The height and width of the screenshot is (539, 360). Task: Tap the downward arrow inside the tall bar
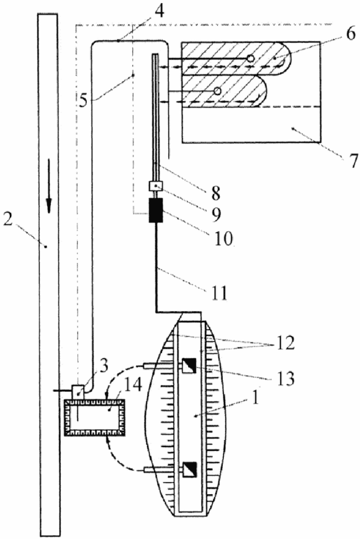pyautogui.click(x=49, y=186)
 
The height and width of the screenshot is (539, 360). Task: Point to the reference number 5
pyautogui.click(x=83, y=99)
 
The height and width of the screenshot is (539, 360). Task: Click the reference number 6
pyautogui.click(x=349, y=34)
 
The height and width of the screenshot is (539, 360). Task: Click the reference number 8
pyautogui.click(x=215, y=193)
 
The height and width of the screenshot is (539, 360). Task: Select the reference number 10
pyautogui.click(x=223, y=238)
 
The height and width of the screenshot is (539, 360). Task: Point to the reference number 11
pyautogui.click(x=220, y=293)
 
